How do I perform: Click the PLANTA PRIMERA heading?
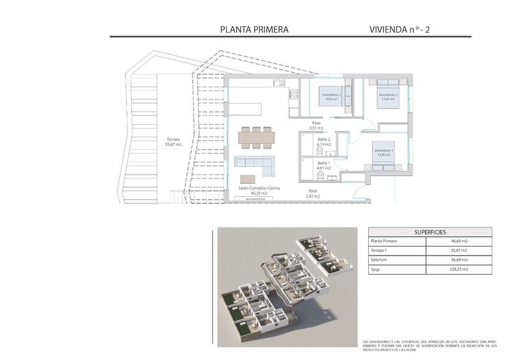254,29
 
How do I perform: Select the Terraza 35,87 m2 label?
174,141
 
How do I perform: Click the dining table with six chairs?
257,136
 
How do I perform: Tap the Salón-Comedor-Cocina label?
259,190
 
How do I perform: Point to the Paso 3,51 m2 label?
315,126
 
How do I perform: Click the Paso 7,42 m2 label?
312,193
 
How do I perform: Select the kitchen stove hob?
294,96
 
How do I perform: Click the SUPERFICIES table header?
429,232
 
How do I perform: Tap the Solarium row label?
380,260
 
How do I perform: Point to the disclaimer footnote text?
428,345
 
